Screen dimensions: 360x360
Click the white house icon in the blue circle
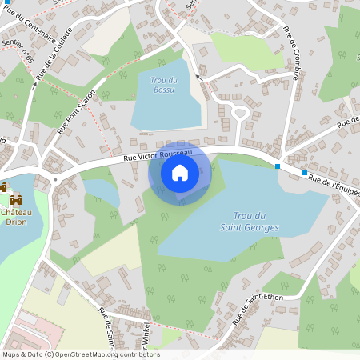(179, 172)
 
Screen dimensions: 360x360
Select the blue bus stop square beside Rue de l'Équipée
(305, 173)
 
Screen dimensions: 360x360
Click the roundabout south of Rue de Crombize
(239, 112)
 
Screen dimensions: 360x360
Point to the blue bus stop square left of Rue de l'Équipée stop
(278, 166)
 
